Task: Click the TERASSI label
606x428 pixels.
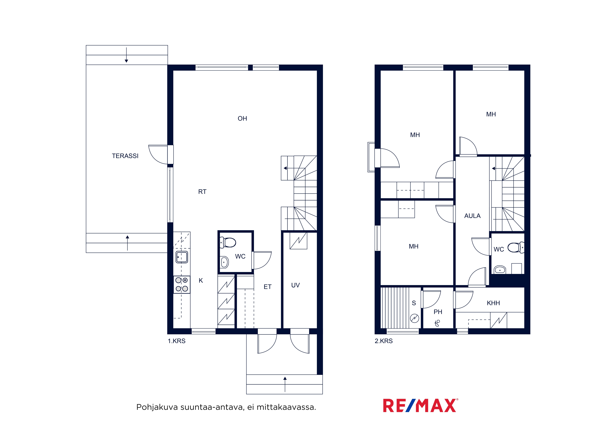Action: click(125, 156)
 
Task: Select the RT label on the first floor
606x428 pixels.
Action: click(202, 192)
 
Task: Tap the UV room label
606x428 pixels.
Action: click(295, 285)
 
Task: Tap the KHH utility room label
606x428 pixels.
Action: click(493, 303)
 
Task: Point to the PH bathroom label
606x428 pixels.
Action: click(438, 312)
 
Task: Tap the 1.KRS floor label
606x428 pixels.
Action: click(177, 341)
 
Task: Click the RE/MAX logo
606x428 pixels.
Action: click(420, 406)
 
